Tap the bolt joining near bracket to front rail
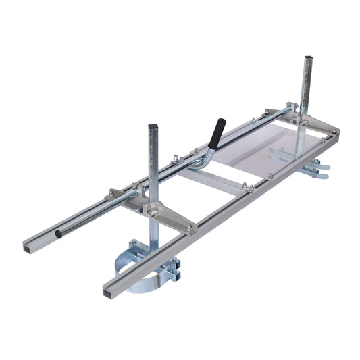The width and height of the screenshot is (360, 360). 190,228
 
